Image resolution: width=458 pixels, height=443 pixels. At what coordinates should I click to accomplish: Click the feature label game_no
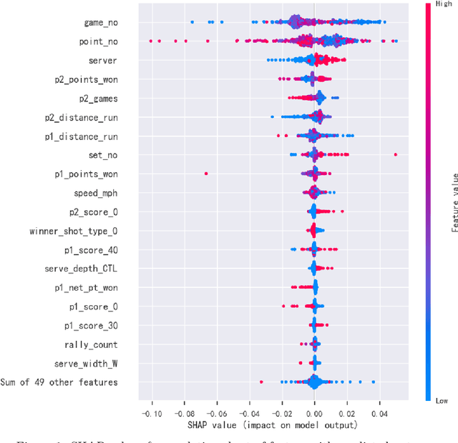101,23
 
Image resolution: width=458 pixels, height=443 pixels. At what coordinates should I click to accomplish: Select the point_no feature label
99,42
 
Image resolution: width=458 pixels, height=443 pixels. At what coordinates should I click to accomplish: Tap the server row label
103,61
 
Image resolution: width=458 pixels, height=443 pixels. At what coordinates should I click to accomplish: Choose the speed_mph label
96,193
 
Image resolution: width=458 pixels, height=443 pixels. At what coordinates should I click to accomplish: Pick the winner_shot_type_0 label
74,231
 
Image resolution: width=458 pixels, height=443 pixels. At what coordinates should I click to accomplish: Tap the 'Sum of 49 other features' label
59,382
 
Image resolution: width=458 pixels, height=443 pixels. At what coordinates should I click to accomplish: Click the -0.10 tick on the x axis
150,414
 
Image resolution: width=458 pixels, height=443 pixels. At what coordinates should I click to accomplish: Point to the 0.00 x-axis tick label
313,414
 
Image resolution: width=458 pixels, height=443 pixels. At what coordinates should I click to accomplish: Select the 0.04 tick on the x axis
379,414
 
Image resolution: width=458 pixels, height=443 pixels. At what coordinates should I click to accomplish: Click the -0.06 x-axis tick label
216,414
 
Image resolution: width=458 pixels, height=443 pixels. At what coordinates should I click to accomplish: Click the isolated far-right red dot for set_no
395,154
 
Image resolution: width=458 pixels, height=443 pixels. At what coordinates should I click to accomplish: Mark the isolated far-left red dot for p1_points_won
206,173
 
